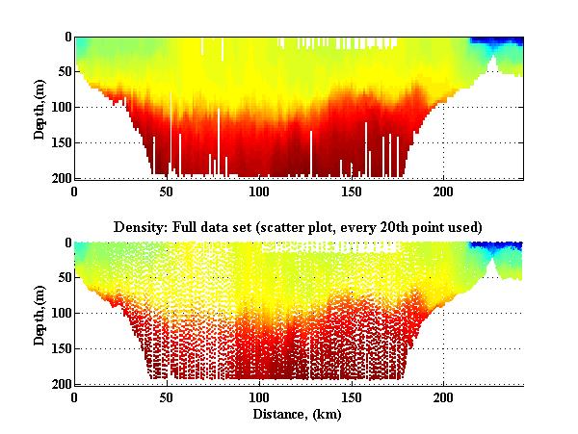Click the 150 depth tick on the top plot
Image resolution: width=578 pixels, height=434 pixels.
60,142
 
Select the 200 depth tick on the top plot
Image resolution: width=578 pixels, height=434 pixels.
60,178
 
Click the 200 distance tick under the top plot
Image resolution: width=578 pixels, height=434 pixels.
444,191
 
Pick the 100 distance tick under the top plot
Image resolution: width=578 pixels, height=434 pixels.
259,191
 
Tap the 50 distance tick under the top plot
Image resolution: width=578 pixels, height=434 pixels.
167,191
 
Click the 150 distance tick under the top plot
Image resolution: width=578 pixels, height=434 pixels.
352,191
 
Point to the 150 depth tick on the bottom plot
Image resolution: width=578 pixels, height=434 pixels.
60,348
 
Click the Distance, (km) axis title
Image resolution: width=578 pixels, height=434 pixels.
297,415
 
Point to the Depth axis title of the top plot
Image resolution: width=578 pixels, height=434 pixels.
39,108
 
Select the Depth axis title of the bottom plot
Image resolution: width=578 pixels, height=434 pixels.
39,314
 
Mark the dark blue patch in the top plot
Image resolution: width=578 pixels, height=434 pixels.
496,42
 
